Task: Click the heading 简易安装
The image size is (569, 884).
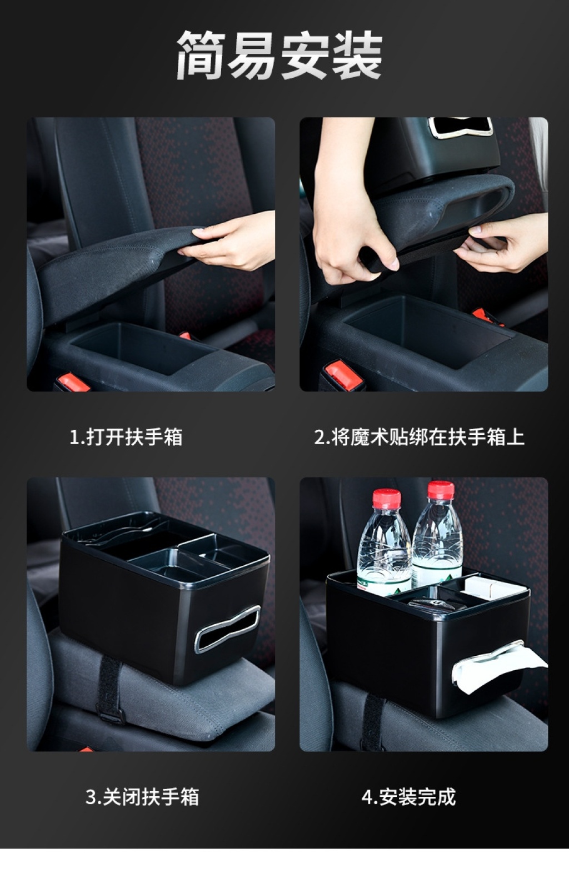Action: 279,56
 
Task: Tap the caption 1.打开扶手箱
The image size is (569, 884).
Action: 126,437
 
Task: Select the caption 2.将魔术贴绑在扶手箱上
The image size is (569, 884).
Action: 420,437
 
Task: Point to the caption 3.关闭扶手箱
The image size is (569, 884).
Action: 142,797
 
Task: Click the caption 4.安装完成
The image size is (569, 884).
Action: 408,797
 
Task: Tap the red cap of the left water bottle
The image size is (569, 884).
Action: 387,498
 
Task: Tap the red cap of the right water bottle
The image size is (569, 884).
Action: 441,490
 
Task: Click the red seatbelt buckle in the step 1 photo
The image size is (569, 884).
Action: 73,383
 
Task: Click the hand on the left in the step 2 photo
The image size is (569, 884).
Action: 347,221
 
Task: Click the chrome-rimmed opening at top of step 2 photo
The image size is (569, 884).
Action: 461,128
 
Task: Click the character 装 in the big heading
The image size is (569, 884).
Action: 357,56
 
